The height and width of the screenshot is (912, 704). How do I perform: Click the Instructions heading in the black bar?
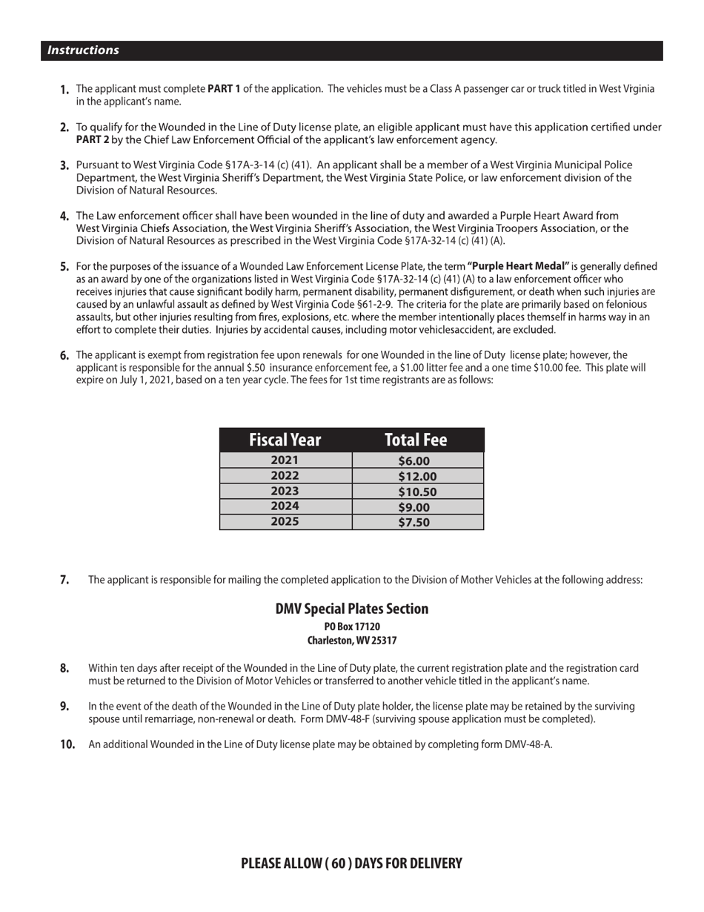pos(83,50)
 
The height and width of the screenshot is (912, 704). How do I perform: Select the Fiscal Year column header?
pos(285,440)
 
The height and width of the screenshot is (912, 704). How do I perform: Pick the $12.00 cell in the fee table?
pos(417,476)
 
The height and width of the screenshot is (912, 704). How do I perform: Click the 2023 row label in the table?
pos(285,491)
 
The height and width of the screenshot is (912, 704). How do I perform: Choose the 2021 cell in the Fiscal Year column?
pos(285,460)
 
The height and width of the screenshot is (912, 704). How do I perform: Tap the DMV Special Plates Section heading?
pos(351,609)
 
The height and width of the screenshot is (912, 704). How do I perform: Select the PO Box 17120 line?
pos(351,627)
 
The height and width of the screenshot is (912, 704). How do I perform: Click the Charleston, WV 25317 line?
pos(351,641)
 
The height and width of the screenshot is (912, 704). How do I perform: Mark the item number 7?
pos(64,580)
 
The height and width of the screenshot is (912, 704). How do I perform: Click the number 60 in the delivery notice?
pos(339,863)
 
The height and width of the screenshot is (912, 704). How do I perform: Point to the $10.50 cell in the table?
pos(417,492)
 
